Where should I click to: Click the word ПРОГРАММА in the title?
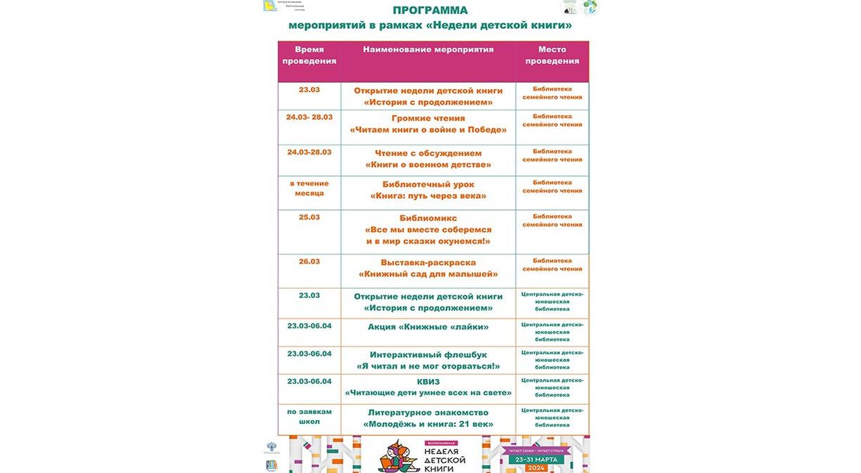click(430, 11)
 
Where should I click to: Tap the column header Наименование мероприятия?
click(428, 50)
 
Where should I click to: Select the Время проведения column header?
click(310, 56)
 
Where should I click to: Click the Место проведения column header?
click(552, 56)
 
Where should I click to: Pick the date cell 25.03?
click(310, 217)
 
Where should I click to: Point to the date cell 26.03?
click(310, 261)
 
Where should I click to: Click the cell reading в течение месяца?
click(310, 188)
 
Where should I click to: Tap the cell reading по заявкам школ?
click(310, 417)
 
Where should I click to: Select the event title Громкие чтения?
click(428, 118)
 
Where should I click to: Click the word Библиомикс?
click(428, 218)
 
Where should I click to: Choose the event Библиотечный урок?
click(428, 184)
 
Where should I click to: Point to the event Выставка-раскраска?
click(428, 262)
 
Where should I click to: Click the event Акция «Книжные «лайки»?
click(428, 327)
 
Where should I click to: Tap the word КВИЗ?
click(428, 382)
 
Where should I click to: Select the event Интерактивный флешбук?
click(428, 355)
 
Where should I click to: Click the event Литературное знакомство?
click(428, 413)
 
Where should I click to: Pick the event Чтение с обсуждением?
click(428, 153)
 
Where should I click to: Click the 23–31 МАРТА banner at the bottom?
click(536, 460)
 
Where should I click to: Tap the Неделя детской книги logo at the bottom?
click(423, 456)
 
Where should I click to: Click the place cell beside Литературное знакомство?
click(552, 417)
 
